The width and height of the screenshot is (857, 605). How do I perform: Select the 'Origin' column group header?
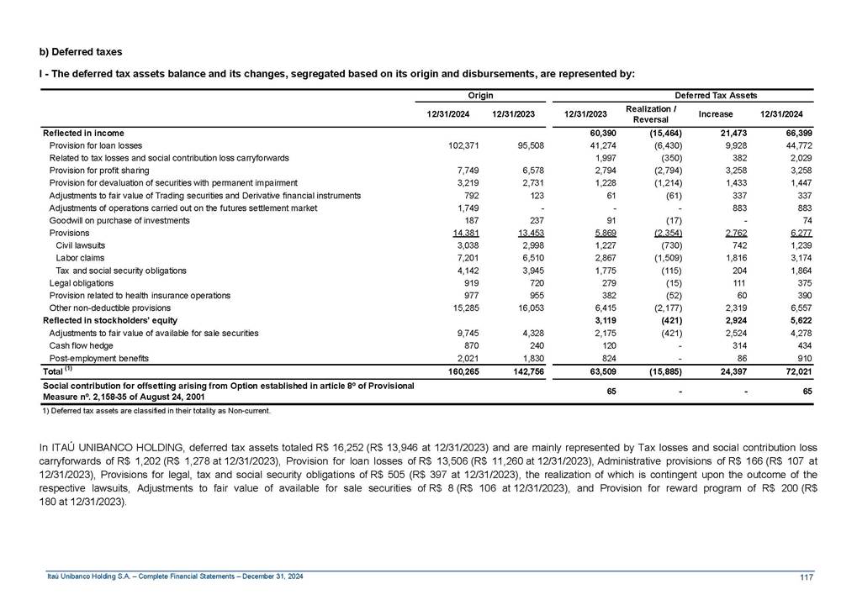pos(481,96)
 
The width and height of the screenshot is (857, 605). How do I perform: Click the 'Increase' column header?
pos(716,113)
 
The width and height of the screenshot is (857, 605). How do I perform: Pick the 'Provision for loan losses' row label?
pos(95,145)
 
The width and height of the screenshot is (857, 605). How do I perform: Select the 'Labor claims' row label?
pos(80,258)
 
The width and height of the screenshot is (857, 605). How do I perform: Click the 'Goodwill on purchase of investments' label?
pos(119,220)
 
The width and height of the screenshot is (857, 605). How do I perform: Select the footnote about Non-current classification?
pos(156,410)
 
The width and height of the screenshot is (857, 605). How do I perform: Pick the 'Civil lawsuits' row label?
pos(81,245)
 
